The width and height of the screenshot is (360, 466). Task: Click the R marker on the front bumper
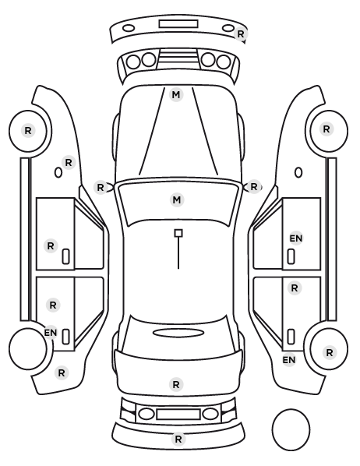(241, 34)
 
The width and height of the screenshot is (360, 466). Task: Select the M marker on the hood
(176, 95)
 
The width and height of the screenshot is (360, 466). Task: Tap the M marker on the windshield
(177, 199)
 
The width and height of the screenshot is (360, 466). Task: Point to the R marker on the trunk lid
(176, 385)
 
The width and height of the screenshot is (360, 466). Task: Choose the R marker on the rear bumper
(178, 439)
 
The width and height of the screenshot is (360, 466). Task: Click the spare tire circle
(291, 429)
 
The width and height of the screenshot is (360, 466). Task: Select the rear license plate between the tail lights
(178, 415)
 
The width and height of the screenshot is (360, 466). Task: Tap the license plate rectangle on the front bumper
(178, 24)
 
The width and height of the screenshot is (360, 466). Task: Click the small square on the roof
(178, 233)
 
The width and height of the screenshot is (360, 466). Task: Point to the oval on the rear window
(178, 333)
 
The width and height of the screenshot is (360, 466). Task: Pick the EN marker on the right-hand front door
(296, 238)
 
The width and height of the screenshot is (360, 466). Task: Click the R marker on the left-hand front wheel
(28, 130)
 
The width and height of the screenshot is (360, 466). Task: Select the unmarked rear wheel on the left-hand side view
(28, 348)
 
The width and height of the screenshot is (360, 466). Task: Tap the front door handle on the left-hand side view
(65, 256)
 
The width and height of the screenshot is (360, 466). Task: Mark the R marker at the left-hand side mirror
(101, 188)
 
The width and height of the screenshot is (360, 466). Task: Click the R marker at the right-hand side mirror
(254, 187)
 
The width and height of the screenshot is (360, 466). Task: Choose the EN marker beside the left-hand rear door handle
(51, 332)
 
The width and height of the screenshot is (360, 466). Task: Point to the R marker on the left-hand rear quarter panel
(62, 372)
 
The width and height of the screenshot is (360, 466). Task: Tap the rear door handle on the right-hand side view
(291, 337)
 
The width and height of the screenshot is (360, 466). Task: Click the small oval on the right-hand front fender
(298, 173)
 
